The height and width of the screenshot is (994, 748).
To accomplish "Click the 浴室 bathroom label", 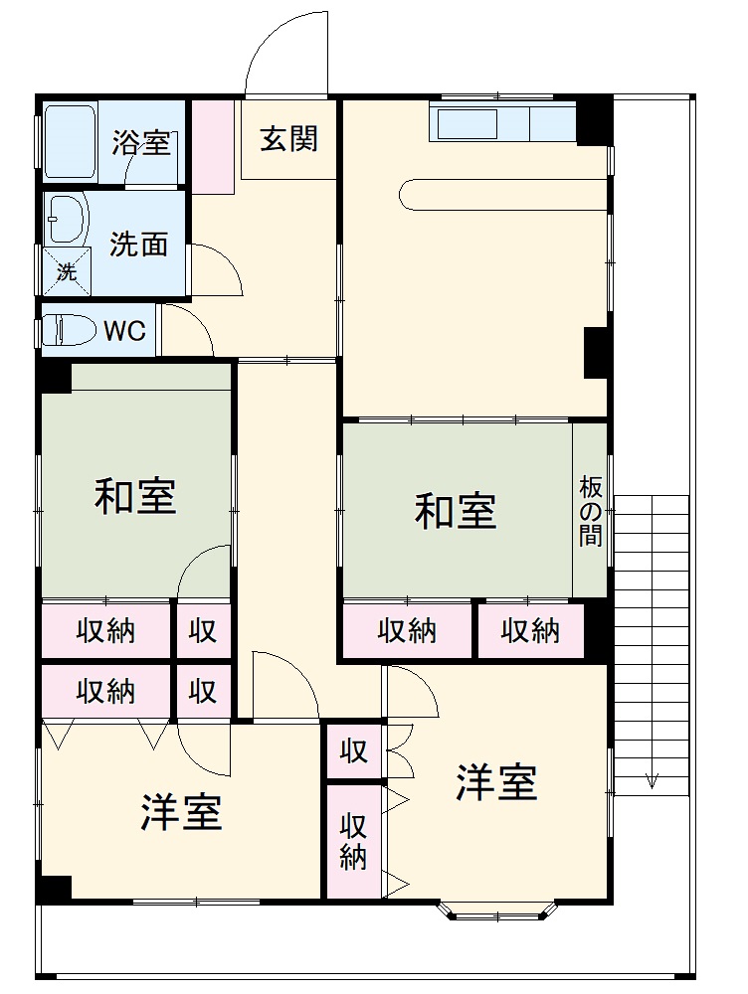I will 140,142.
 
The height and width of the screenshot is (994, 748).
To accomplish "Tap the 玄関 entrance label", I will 288,138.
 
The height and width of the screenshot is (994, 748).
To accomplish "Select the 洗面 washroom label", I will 138,244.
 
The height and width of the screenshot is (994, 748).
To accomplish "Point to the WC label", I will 125,331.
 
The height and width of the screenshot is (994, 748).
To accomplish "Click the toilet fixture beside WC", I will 68,330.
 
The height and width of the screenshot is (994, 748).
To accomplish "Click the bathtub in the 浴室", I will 69,140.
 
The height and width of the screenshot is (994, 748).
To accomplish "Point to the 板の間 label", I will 591,511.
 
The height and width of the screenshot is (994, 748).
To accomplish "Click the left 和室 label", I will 135,496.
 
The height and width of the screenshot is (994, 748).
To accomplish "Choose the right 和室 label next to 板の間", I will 455,511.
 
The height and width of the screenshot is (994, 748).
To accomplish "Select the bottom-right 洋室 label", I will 496,782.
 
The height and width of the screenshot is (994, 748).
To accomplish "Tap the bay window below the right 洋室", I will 496,910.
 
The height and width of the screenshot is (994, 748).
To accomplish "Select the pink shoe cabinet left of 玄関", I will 212,146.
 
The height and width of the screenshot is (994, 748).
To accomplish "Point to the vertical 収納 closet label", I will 353,841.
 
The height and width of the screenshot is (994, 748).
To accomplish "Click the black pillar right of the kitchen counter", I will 592,121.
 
